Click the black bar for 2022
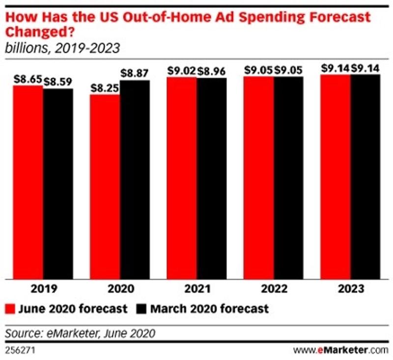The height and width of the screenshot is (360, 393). (288, 177)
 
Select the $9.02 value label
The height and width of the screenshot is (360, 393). (181, 70)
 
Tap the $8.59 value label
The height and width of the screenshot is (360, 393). (58, 81)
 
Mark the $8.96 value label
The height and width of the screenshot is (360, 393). (212, 70)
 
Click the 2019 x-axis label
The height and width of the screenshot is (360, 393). (43, 289)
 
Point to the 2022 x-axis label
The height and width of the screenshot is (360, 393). (273, 289)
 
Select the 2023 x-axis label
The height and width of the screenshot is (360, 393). (350, 289)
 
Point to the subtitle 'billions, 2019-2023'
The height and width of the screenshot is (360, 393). (62, 49)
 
